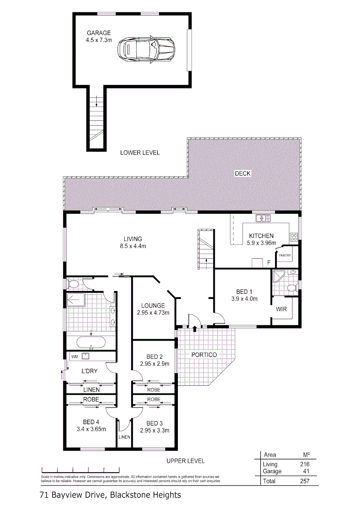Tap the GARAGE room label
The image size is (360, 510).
pos(98,33)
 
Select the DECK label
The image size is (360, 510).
pos(243,174)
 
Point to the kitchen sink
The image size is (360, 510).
pos(263,218)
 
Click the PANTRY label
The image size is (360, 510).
pos(285,255)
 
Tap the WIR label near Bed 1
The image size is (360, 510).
pos(282,309)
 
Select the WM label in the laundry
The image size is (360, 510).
pos(74,356)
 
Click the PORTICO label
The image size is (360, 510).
pos(204,355)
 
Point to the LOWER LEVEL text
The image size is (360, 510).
pos(140,153)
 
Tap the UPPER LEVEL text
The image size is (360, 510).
pos(185,460)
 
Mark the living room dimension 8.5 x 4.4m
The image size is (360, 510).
pos(133,246)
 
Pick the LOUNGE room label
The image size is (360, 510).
pos(152,306)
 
